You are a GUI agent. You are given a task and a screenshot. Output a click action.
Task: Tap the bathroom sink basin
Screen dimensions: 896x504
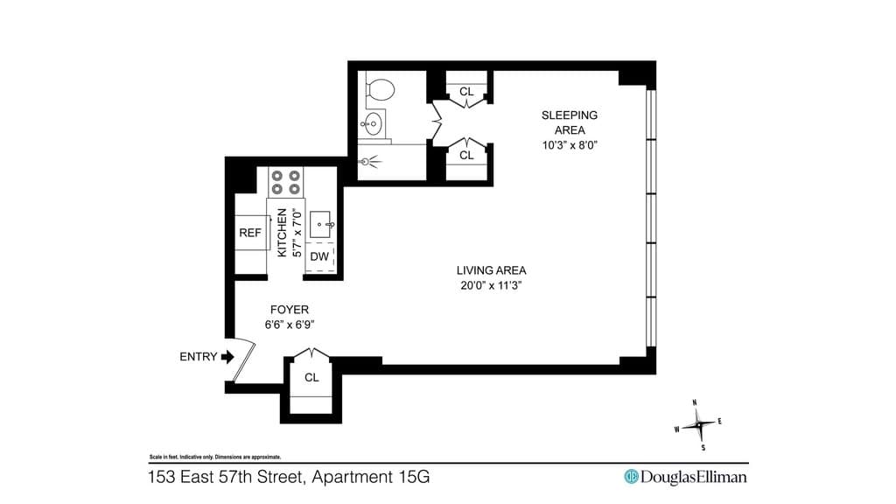[373, 124]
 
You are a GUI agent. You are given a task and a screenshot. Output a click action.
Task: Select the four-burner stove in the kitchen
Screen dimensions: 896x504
[286, 182]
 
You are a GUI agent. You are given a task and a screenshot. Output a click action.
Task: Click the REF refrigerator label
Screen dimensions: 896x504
[249, 233]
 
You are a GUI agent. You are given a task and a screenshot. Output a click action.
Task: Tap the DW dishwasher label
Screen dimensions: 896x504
[319, 256]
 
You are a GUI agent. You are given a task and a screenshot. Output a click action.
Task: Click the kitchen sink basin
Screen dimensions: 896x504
[319, 225]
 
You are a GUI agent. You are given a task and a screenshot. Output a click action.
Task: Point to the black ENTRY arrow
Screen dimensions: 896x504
[227, 357]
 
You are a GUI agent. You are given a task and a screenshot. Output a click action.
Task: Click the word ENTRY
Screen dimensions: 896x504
[199, 357]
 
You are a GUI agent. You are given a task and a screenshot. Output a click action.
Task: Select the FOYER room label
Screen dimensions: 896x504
[289, 310]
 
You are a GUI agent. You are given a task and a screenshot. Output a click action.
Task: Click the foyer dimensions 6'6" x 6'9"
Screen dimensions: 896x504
[290, 325]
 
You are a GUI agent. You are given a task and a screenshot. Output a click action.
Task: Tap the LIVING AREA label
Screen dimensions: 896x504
[492, 270]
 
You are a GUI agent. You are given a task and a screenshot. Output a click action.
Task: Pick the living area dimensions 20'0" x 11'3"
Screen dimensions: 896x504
[492, 285]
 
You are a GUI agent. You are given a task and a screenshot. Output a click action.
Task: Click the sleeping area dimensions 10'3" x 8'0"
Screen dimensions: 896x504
[570, 145]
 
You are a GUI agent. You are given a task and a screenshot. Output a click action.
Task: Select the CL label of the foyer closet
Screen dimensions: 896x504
[311, 378]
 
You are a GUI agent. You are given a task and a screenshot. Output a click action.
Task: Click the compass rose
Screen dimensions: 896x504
[698, 424]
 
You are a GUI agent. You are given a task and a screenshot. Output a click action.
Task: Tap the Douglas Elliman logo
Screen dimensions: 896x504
[686, 477]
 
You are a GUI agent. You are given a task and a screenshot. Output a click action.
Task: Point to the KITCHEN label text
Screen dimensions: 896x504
[282, 233]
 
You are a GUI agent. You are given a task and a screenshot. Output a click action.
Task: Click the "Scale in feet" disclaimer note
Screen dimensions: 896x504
[215, 457]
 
